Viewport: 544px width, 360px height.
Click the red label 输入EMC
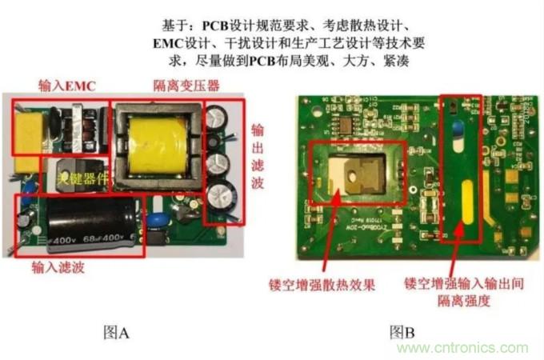click(66, 85)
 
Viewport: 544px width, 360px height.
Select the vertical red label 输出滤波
click(258, 161)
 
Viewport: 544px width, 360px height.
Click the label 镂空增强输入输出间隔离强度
click(463, 293)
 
